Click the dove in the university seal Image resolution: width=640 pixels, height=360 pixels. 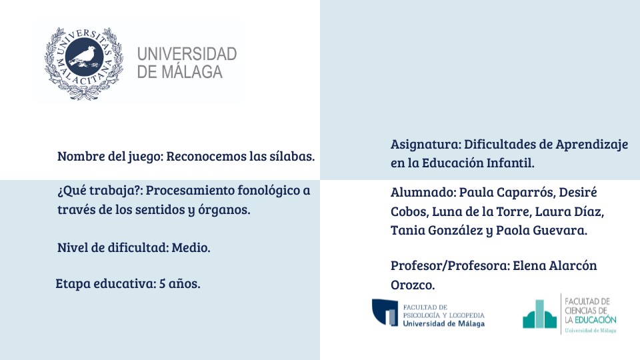pyautogui.click(x=85, y=56)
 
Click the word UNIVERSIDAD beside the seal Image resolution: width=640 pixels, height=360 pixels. pyautogui.click(x=187, y=54)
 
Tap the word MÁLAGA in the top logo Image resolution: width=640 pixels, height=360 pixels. pyautogui.click(x=192, y=72)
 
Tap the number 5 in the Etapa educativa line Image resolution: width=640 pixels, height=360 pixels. pyautogui.click(x=162, y=284)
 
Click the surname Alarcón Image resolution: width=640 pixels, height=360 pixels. pyautogui.click(x=573, y=266)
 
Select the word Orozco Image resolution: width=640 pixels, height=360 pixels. pyautogui.click(x=413, y=285)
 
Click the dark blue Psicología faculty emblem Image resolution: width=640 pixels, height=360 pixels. pyautogui.click(x=385, y=313)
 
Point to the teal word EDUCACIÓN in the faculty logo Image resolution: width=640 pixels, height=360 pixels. pyautogui.click(x=595, y=319)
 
